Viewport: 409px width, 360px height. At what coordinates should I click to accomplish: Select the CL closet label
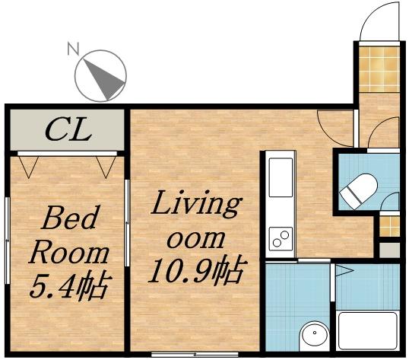click(67, 129)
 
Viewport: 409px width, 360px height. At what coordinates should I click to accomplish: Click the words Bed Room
click(68, 236)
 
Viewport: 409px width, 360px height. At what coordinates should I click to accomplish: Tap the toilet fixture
click(357, 191)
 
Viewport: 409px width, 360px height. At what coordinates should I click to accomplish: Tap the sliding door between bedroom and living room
click(127, 213)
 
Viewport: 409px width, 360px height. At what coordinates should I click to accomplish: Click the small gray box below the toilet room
click(389, 250)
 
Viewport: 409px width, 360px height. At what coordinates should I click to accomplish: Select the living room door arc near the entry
click(334, 126)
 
